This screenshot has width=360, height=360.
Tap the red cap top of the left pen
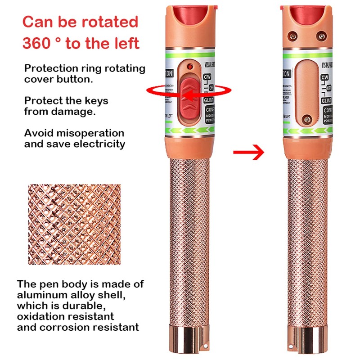point(191,15)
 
